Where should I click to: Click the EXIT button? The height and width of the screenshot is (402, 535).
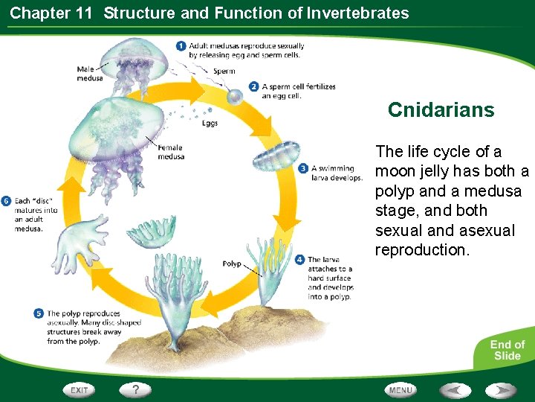80,389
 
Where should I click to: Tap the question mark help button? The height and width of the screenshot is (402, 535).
135,389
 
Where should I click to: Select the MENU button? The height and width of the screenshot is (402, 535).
401,389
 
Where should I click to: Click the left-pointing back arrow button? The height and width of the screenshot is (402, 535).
455,389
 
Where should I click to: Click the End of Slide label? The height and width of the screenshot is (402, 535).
507,350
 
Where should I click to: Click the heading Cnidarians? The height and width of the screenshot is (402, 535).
441,110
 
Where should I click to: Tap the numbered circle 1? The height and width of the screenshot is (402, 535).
181,46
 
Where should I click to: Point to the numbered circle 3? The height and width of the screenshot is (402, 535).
303,169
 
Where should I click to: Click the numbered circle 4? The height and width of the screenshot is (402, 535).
299,260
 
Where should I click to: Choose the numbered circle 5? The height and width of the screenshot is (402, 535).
39,313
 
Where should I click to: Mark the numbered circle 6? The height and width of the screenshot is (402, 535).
6,201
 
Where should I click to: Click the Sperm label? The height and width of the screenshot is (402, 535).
224,71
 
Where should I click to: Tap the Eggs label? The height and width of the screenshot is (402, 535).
210,124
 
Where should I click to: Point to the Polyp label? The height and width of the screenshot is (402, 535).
232,264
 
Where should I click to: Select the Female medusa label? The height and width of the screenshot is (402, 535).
170,153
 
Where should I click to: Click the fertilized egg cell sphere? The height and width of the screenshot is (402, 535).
234,97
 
